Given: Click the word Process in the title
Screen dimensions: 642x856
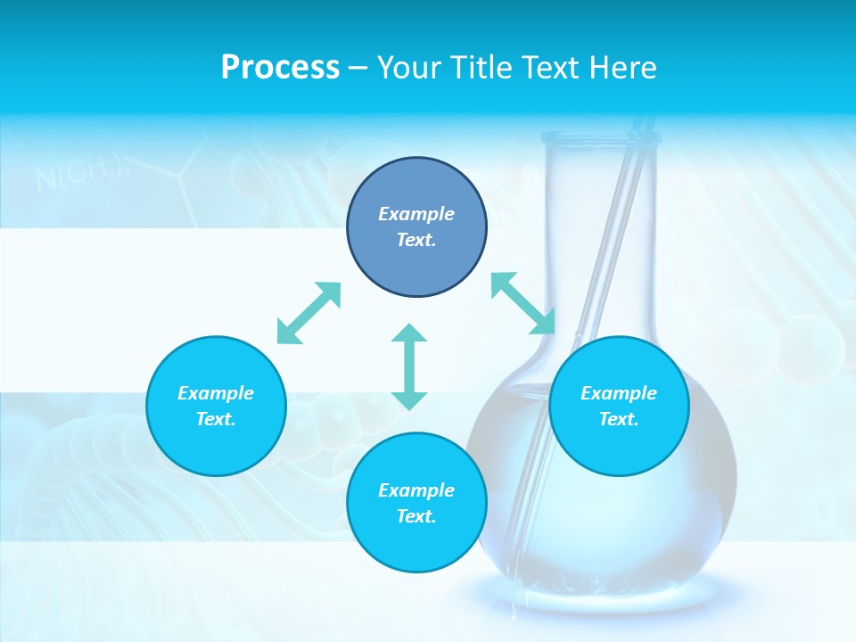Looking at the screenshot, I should pyautogui.click(x=280, y=68).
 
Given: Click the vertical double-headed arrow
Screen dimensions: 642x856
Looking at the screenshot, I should pyautogui.click(x=409, y=366).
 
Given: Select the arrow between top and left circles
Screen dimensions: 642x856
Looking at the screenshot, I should pyautogui.click(x=309, y=313).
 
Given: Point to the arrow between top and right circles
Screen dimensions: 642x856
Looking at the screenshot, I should pyautogui.click(x=523, y=303).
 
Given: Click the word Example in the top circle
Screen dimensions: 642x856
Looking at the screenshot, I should pyautogui.click(x=416, y=214).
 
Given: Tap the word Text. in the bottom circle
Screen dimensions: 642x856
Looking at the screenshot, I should pyautogui.click(x=416, y=516).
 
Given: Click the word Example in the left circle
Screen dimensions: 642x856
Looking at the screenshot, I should pyautogui.click(x=216, y=393).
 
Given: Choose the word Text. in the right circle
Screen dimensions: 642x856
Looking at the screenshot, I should pyautogui.click(x=619, y=419).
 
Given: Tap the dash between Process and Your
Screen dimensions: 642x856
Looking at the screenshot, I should pyautogui.click(x=358, y=68).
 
